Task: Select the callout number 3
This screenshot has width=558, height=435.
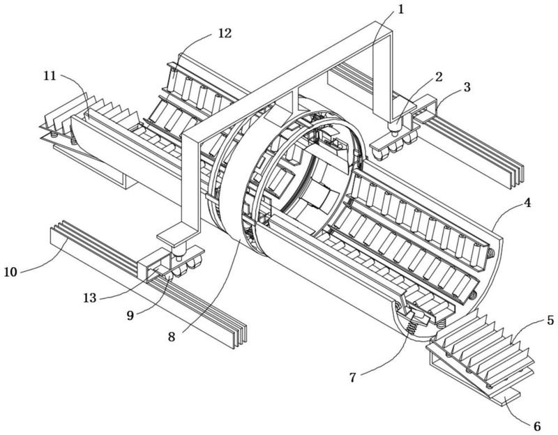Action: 467,88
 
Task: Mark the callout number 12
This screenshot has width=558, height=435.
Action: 224,33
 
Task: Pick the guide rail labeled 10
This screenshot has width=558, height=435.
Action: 139,279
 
